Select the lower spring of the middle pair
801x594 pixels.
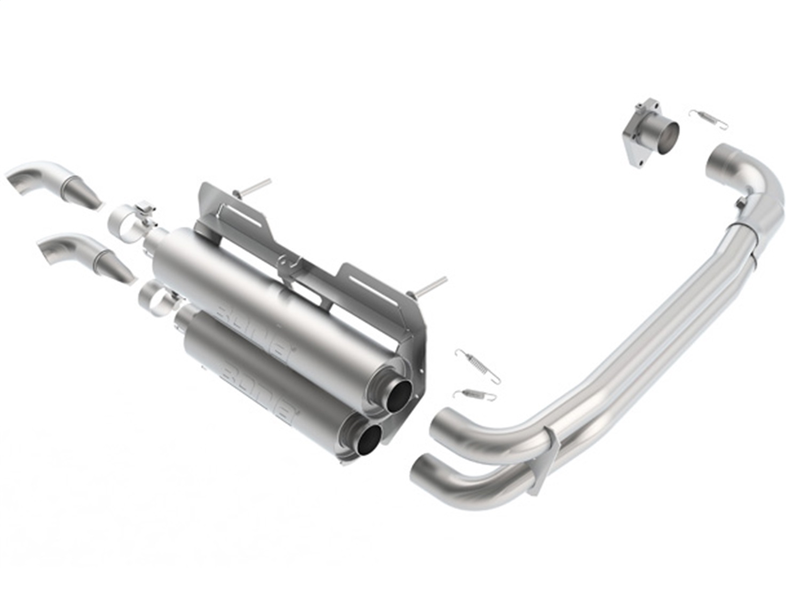tap(475, 394)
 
